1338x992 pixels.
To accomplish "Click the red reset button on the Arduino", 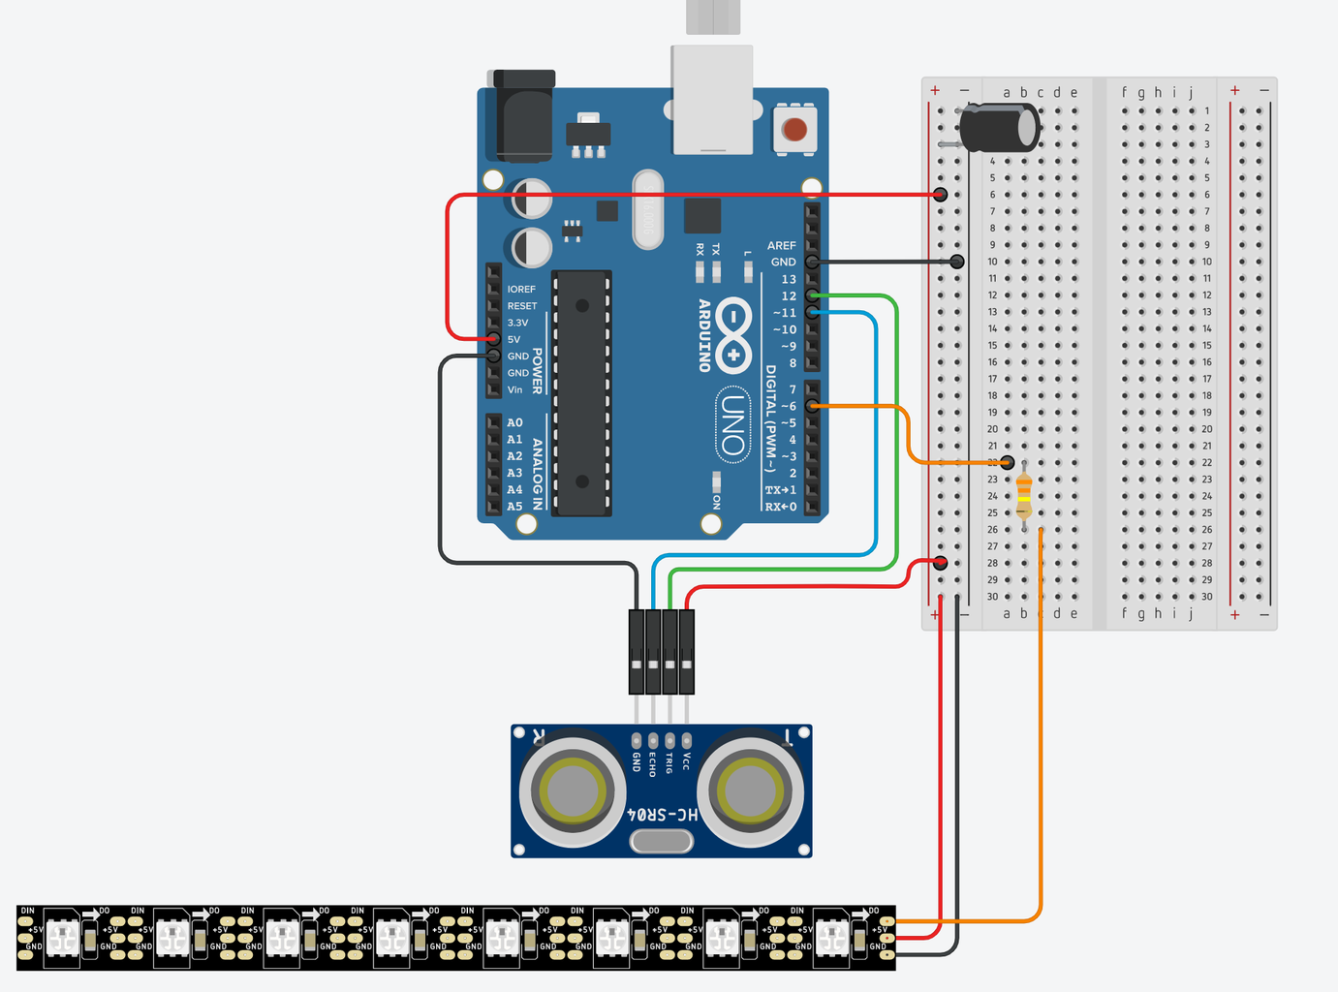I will (794, 129).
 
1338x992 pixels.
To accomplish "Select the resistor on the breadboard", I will (1024, 496).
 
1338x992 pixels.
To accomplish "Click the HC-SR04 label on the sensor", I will (663, 815).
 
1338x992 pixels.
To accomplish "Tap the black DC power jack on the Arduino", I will (524, 114).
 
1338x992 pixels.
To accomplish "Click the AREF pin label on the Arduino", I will (781, 246).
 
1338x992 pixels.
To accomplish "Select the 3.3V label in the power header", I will (518, 323).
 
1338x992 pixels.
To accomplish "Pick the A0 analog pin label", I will (514, 423).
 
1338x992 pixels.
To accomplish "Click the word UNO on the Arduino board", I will (733, 426).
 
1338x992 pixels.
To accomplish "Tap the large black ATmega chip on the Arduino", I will (581, 392).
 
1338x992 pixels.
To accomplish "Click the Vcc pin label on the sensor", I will (687, 761).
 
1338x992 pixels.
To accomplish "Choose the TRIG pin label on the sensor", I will (669, 763).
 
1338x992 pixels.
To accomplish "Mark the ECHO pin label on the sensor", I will (653, 764).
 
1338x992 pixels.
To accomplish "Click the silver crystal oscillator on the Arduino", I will (647, 209).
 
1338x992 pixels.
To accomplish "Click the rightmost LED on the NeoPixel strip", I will (831, 938).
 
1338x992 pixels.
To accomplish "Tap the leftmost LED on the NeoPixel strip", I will (63, 938).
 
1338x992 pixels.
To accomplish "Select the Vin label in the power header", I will (514, 389).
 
